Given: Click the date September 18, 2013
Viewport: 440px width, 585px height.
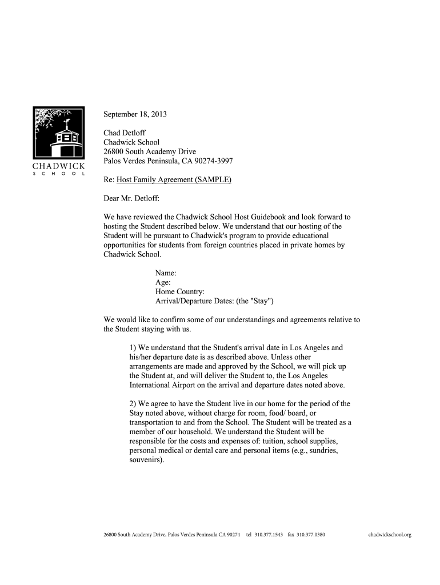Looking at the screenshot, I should [x=135, y=114].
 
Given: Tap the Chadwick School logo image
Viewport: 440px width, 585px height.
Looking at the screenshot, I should [x=59, y=141].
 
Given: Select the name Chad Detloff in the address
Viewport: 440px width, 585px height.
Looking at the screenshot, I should [x=125, y=133].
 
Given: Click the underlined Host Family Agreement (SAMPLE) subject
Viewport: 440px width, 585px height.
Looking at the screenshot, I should [x=174, y=179].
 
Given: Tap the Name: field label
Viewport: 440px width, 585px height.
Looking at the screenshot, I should [x=166, y=273].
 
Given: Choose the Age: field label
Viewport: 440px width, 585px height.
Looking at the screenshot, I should [x=163, y=282].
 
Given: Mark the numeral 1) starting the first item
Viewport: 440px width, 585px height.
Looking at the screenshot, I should [x=133, y=347].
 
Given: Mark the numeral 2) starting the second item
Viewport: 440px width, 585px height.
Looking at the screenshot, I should [x=133, y=403].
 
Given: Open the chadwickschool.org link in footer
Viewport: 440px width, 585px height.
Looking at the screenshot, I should [x=390, y=535].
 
